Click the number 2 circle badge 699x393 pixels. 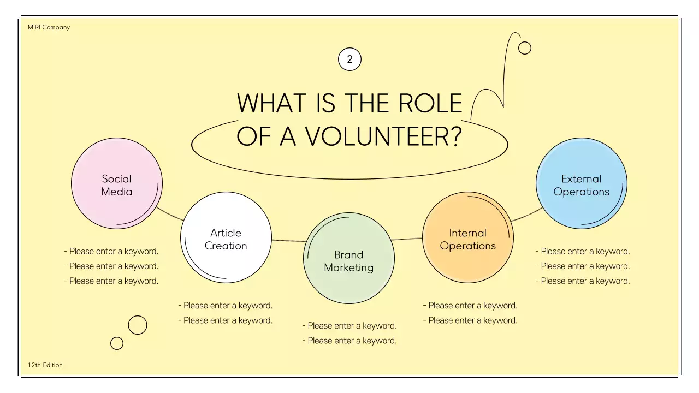point(350,59)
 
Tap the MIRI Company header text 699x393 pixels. point(49,27)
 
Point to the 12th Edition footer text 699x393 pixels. point(45,365)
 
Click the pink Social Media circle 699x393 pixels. point(117,183)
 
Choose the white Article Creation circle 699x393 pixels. point(226,238)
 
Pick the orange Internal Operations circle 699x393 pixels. point(468,237)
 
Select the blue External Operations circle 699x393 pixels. point(582,183)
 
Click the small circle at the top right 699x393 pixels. point(525,48)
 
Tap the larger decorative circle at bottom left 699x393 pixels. point(138,325)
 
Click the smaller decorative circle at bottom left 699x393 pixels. point(117,343)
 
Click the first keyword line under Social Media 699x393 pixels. point(111,252)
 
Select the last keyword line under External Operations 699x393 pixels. point(583,281)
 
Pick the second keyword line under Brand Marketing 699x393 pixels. point(349,341)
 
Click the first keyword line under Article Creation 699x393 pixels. point(226,306)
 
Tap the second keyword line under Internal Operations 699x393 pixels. point(470,320)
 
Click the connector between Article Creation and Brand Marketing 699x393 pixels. point(288,240)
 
